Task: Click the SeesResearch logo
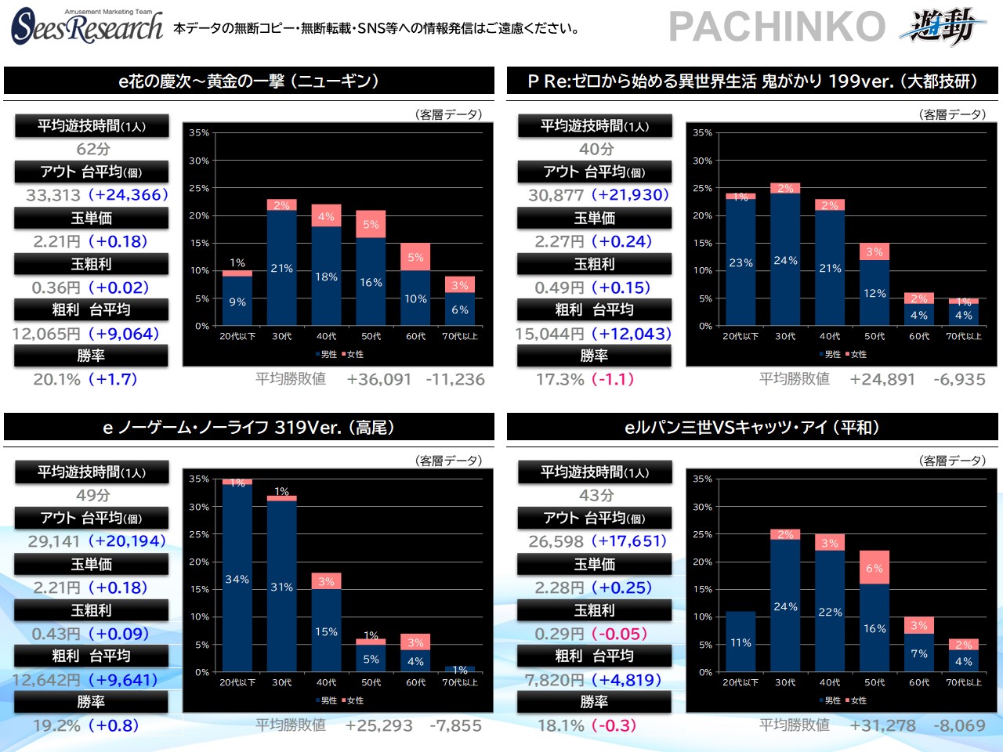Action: (x=86, y=27)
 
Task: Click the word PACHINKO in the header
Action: (x=777, y=27)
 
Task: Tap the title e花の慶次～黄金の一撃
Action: (x=248, y=81)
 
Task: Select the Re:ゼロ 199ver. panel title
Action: (x=752, y=81)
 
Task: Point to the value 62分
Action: (x=92, y=149)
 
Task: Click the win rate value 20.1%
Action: (x=56, y=379)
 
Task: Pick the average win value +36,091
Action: (x=378, y=379)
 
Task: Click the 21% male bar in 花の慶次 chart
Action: (x=281, y=268)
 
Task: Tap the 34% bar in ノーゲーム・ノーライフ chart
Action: (x=237, y=579)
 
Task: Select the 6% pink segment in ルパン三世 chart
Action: (x=874, y=568)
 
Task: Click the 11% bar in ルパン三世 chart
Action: (x=740, y=642)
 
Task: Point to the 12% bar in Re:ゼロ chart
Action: (x=874, y=293)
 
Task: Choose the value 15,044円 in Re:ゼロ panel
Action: (x=550, y=334)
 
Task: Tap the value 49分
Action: (x=92, y=495)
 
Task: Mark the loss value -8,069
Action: (x=958, y=725)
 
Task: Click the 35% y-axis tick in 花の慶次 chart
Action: (x=199, y=133)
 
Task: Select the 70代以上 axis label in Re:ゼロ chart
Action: (x=963, y=336)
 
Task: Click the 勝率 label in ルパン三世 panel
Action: (x=594, y=702)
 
